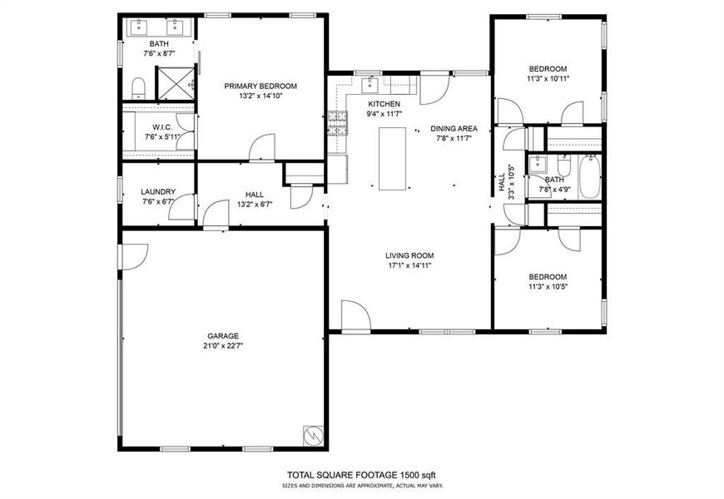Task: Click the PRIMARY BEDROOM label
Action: [260, 86]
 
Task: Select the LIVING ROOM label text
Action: [409, 255]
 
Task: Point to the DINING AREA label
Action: [454, 128]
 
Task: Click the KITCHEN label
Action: [384, 103]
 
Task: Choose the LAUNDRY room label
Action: [158, 191]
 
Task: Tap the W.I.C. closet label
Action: [161, 127]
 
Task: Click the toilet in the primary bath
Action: [139, 87]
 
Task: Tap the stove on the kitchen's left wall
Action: [337, 123]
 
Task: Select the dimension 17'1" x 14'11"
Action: [409, 265]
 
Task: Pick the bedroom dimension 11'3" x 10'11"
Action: [548, 79]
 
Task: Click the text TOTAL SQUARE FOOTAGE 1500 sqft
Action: [361, 474]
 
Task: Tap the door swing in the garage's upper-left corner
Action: [135, 255]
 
